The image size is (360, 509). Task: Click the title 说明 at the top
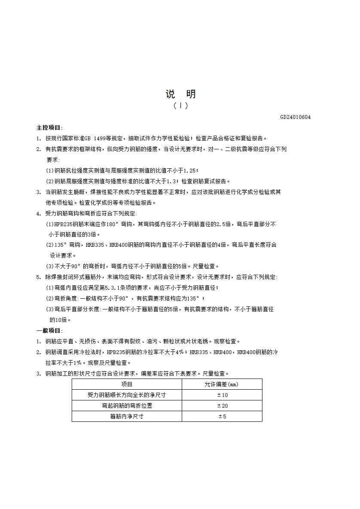pyautogui.click(x=180, y=94)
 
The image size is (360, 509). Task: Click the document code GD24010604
pyautogui.click(x=295, y=117)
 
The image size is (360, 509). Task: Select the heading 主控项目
pyautogui.click(x=49, y=127)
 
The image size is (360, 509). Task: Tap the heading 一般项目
pyautogui.click(x=49, y=330)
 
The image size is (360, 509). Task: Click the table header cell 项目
pyautogui.click(x=127, y=384)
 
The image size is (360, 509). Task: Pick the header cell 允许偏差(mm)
pyautogui.click(x=222, y=384)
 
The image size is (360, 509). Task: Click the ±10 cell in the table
pyautogui.click(x=222, y=395)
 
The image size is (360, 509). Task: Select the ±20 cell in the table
pyautogui.click(x=222, y=406)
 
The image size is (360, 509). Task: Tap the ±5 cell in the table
pyautogui.click(x=222, y=416)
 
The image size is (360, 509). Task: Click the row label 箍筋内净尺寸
pyautogui.click(x=127, y=416)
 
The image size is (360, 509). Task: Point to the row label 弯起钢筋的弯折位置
pyautogui.click(x=127, y=406)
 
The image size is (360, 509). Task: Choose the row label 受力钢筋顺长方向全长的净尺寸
pyautogui.click(x=127, y=395)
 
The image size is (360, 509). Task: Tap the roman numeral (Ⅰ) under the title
pyautogui.click(x=180, y=106)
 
